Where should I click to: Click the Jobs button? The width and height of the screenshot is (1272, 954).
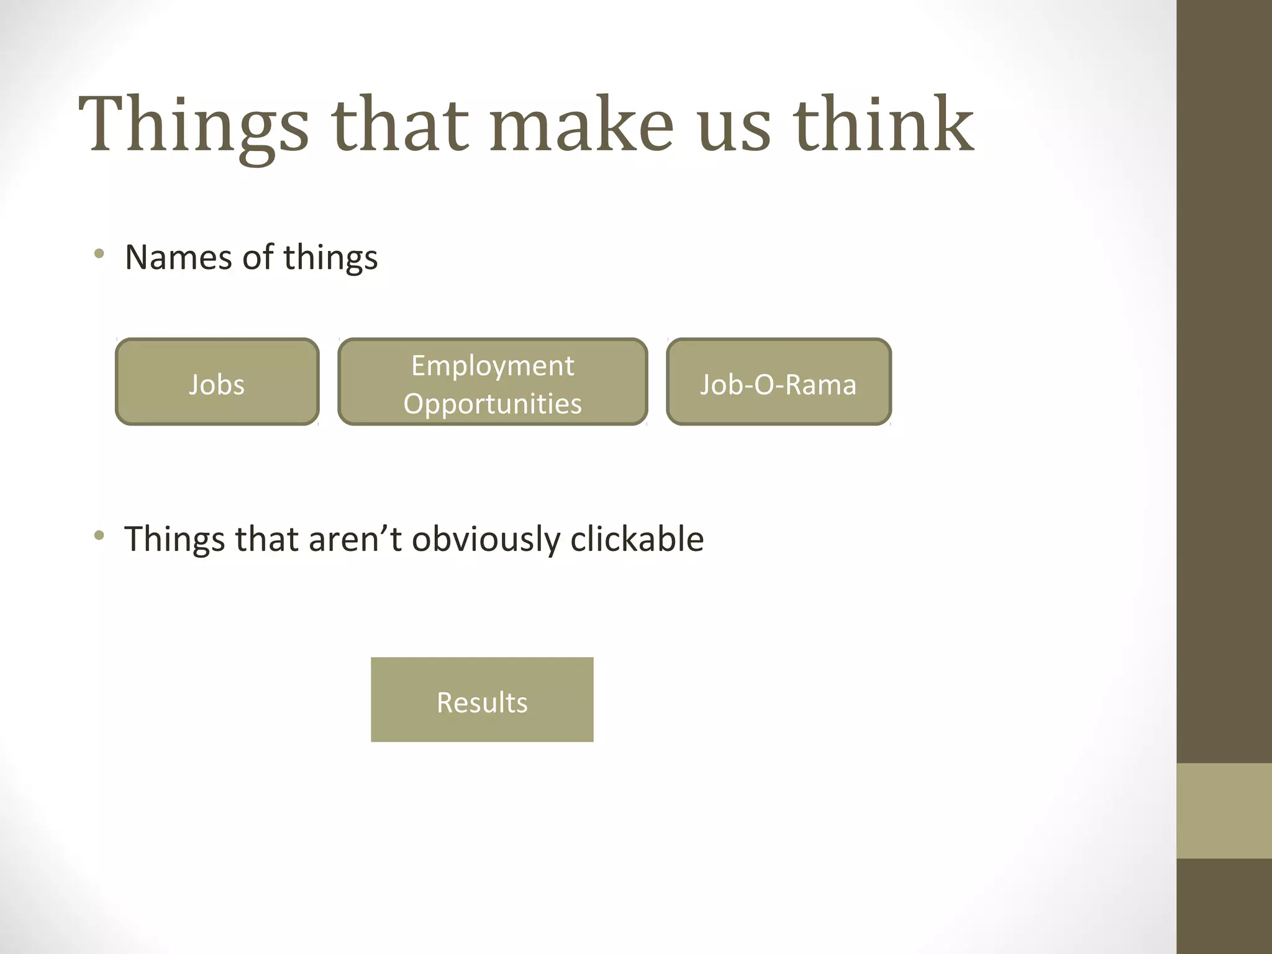[217, 382]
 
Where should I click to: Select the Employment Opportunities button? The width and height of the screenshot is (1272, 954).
[493, 382]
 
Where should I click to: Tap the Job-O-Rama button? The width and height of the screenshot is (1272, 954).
[779, 382]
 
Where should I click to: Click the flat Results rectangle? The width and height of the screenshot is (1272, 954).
[482, 700]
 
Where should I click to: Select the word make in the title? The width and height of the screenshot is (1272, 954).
[581, 124]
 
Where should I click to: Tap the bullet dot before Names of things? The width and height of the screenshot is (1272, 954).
[99, 253]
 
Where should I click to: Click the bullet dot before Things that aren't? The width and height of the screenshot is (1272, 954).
[99, 535]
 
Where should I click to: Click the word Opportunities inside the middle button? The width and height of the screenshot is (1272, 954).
[493, 404]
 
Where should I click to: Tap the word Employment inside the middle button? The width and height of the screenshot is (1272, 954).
[493, 366]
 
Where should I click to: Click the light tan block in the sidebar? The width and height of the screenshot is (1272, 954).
[1224, 811]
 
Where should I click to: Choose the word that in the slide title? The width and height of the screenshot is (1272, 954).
[401, 124]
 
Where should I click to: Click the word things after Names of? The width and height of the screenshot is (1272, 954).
[330, 258]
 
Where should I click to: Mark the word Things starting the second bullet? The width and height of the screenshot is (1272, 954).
[174, 539]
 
